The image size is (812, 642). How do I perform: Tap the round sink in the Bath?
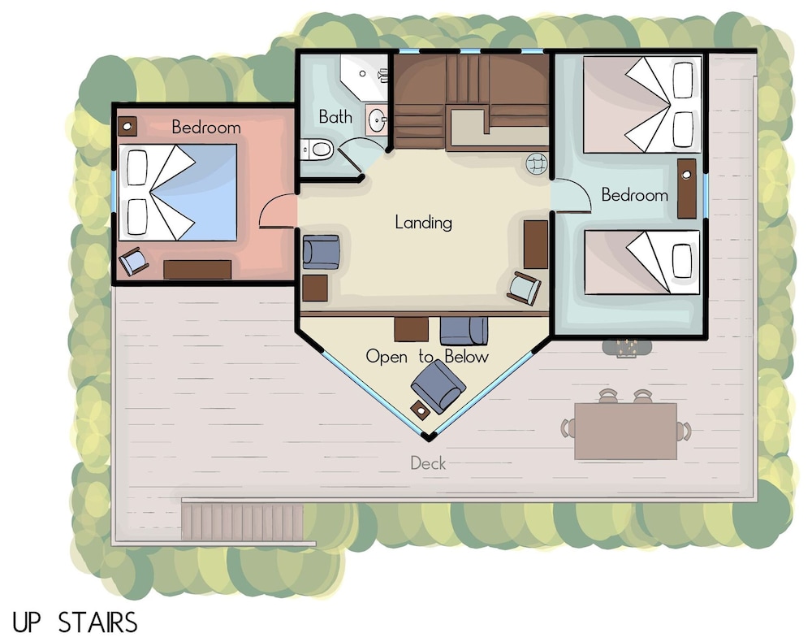click(x=377, y=119)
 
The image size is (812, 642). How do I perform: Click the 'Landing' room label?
click(x=423, y=223)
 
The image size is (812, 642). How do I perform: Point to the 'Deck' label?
click(x=428, y=462)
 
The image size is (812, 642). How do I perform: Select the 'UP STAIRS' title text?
click(x=75, y=622)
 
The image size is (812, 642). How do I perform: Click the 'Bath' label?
click(x=335, y=116)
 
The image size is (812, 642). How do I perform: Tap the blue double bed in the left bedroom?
click(x=178, y=193)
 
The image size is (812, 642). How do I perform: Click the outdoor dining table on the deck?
click(x=625, y=431)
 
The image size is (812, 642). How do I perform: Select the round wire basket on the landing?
click(x=537, y=163)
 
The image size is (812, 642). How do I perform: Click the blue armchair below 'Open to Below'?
click(x=438, y=386)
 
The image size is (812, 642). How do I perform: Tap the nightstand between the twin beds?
click(x=687, y=189)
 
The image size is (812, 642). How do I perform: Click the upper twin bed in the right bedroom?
click(x=642, y=105)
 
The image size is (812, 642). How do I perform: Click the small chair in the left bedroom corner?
click(x=134, y=261)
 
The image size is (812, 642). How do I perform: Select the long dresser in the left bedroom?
click(x=197, y=270)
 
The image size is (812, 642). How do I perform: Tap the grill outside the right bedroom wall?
click(x=626, y=348)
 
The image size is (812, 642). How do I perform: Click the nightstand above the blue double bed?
click(x=127, y=126)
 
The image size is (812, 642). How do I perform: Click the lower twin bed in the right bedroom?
click(x=642, y=262)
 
